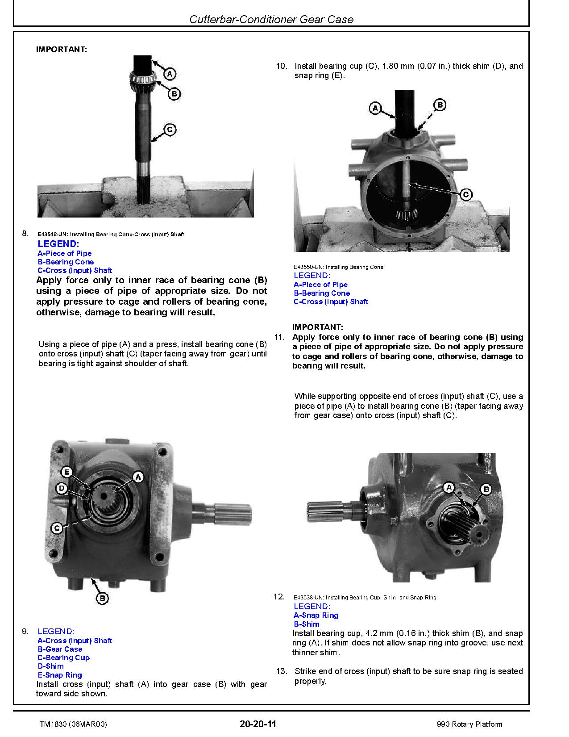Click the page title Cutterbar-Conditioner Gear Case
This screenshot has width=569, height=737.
pyautogui.click(x=271, y=19)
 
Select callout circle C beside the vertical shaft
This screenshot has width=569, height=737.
pyautogui.click(x=170, y=130)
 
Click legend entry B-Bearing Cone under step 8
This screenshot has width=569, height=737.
pyautogui.click(x=66, y=262)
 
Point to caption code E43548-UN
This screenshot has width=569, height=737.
pyautogui.click(x=52, y=234)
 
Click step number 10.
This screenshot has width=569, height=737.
pyautogui.click(x=281, y=66)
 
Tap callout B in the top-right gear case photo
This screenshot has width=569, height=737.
pyautogui.click(x=440, y=105)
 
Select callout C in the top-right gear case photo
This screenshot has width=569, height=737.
pyautogui.click(x=465, y=194)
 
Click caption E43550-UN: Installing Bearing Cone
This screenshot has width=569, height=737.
pyautogui.click(x=338, y=267)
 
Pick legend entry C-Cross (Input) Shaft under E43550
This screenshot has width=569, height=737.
pyautogui.click(x=331, y=302)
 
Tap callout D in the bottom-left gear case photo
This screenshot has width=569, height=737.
pyautogui.click(x=62, y=489)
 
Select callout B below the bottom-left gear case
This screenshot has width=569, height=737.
pyautogui.click(x=102, y=598)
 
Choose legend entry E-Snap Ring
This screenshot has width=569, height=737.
pyautogui.click(x=60, y=675)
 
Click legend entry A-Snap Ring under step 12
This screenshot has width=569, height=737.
pyautogui.click(x=316, y=616)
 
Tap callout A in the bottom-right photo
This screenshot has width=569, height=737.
pyautogui.click(x=449, y=487)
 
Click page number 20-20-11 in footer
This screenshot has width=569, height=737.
pyautogui.click(x=258, y=724)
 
